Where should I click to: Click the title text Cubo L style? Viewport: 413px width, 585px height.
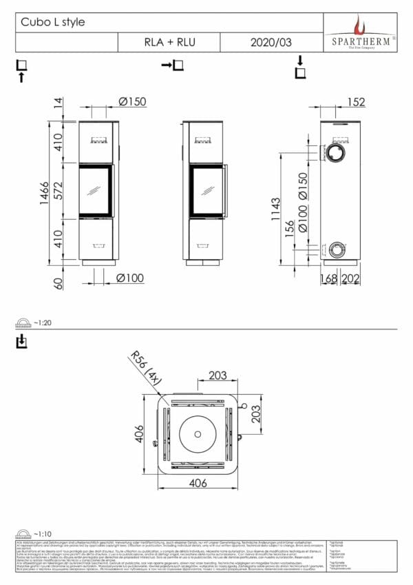click(53, 22)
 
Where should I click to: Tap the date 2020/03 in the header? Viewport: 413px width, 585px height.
click(272, 42)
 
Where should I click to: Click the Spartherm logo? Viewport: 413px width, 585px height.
click(360, 32)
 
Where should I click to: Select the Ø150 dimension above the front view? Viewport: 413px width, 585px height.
click(131, 102)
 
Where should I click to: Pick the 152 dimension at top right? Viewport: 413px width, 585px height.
click(355, 102)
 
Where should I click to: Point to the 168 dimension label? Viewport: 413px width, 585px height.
click(330, 278)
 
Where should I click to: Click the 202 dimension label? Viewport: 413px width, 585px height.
click(352, 278)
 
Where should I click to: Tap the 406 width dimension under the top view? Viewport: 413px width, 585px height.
click(198, 484)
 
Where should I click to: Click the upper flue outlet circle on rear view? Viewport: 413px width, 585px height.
click(337, 152)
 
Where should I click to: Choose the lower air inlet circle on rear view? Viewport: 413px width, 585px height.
click(337, 249)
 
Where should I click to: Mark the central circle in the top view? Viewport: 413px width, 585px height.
click(198, 433)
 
